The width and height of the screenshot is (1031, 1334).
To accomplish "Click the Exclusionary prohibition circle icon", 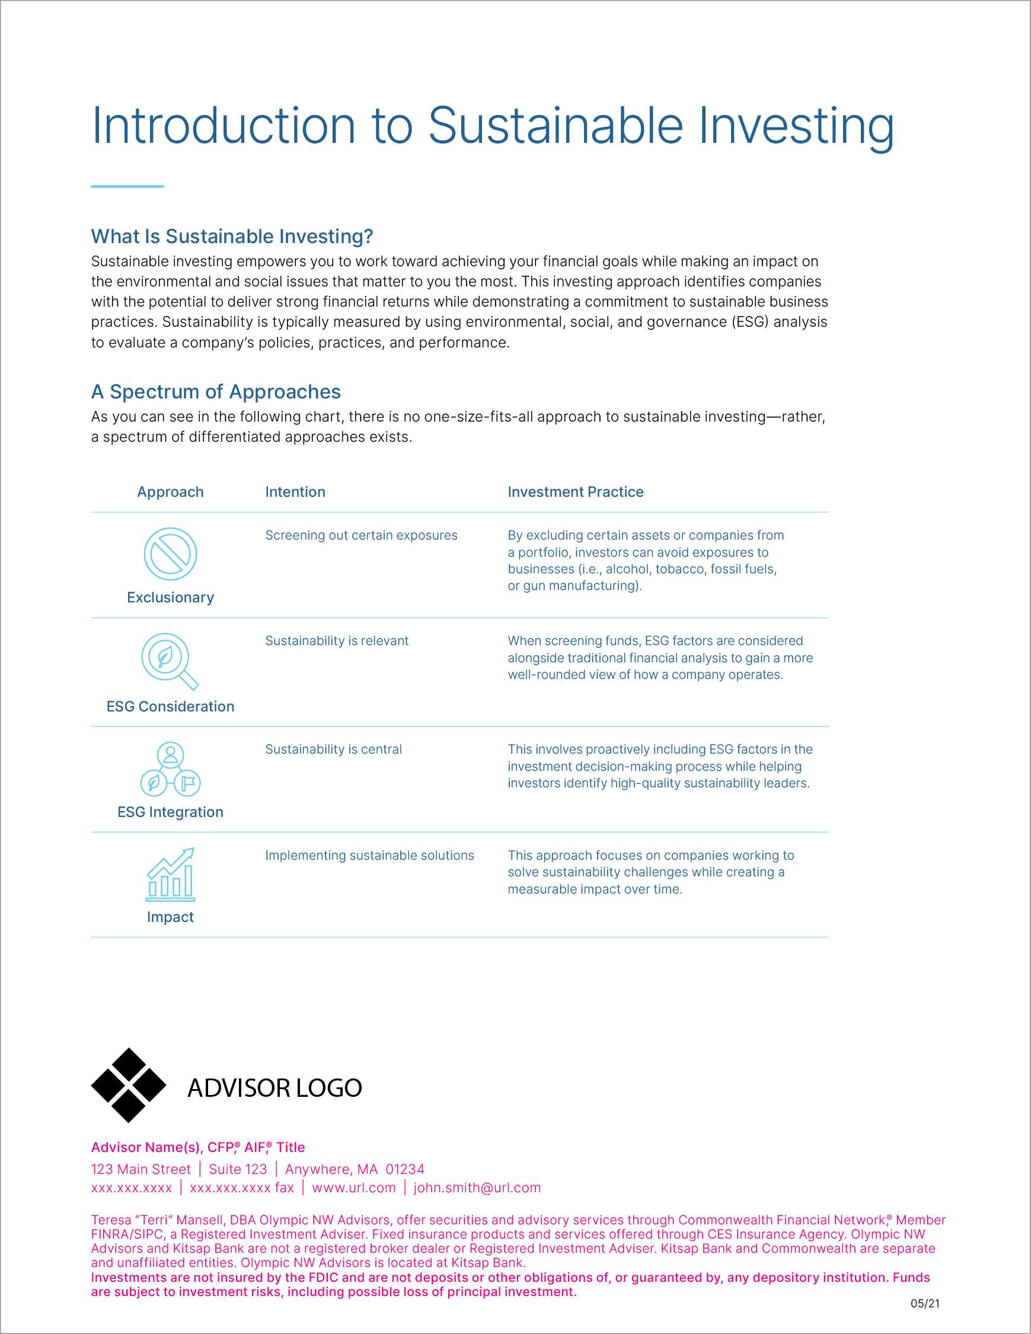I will [x=170, y=554].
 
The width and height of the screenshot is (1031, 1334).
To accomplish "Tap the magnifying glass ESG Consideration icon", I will [x=169, y=661].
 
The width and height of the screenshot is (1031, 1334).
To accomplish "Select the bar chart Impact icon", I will [x=170, y=875].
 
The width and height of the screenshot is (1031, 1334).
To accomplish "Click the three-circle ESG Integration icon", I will [x=170, y=770].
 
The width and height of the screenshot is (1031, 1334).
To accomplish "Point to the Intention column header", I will [x=295, y=492].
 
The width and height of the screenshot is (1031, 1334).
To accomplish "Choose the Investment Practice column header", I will [x=575, y=492].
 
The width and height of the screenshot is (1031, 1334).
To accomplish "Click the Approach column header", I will [x=170, y=492].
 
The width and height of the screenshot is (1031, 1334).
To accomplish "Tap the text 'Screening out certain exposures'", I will [x=361, y=536].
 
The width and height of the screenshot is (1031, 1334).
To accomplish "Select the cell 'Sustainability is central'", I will [x=333, y=749].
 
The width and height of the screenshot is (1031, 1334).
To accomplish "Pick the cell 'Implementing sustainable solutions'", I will [x=369, y=856].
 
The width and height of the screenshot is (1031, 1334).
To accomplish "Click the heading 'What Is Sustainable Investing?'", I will [x=232, y=237].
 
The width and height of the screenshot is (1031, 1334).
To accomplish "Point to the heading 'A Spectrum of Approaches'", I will [x=216, y=391].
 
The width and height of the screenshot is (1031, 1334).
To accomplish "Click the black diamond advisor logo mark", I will [x=128, y=1086].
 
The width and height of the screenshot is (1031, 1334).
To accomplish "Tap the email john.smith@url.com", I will [x=477, y=1188].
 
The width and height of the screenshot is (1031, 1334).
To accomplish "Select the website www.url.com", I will [x=353, y=1188].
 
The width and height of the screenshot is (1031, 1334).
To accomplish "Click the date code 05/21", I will [x=925, y=1303].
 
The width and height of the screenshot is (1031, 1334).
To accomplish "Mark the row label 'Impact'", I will [x=170, y=917].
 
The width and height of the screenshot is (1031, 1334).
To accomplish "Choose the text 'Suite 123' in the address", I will [x=238, y=1169].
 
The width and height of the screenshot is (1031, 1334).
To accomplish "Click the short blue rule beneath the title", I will [x=127, y=186].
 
